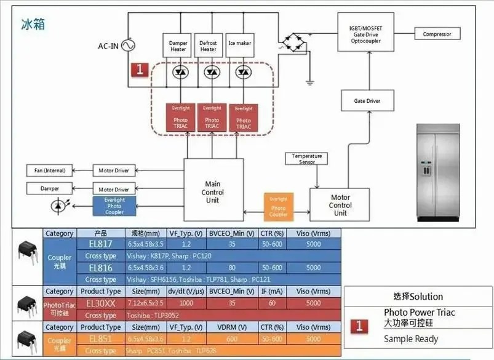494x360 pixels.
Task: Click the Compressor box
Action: (x=437, y=34)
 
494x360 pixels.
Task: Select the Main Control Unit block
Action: (x=212, y=191)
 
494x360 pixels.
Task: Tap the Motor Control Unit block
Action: (x=340, y=206)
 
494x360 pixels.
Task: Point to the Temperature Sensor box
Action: (x=307, y=159)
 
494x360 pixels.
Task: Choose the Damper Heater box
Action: (x=178, y=46)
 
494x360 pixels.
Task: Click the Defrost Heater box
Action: (x=209, y=46)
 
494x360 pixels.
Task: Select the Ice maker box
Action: (x=239, y=44)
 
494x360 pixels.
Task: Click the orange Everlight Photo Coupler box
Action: (x=278, y=207)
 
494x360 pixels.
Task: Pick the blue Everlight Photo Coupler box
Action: (x=114, y=206)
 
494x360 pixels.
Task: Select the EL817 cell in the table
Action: (x=101, y=244)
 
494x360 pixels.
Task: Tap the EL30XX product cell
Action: (x=101, y=303)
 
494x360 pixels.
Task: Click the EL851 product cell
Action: (x=101, y=339)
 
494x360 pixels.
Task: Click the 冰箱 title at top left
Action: (x=33, y=25)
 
